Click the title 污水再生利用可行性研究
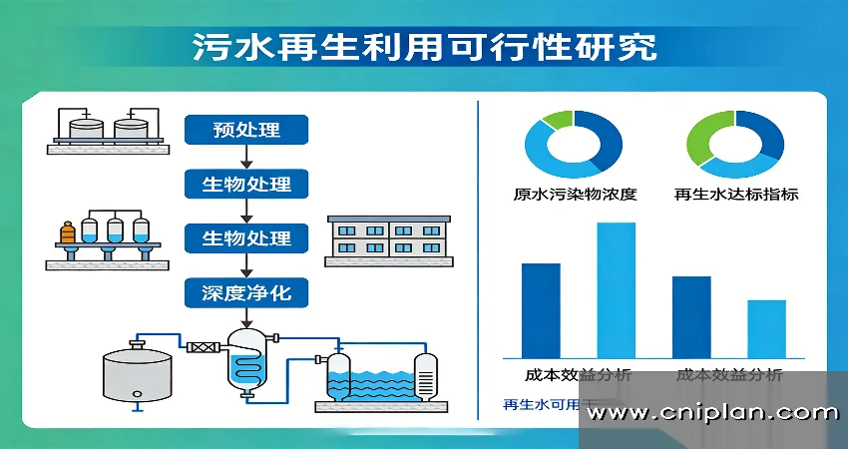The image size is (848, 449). click(425, 48)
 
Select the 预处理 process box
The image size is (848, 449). click(246, 130)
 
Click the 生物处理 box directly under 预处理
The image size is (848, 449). click(246, 185)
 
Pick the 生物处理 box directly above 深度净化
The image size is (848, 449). click(246, 238)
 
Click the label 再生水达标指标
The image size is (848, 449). click(736, 194)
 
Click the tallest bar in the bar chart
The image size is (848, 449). click(616, 289)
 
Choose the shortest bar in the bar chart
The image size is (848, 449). click(766, 328)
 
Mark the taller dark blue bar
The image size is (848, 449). click(541, 309)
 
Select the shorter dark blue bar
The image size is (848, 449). click(691, 316)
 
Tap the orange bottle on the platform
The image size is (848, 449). click(68, 234)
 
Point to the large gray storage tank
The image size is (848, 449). click(137, 373)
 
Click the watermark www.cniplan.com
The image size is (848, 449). click(713, 413)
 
